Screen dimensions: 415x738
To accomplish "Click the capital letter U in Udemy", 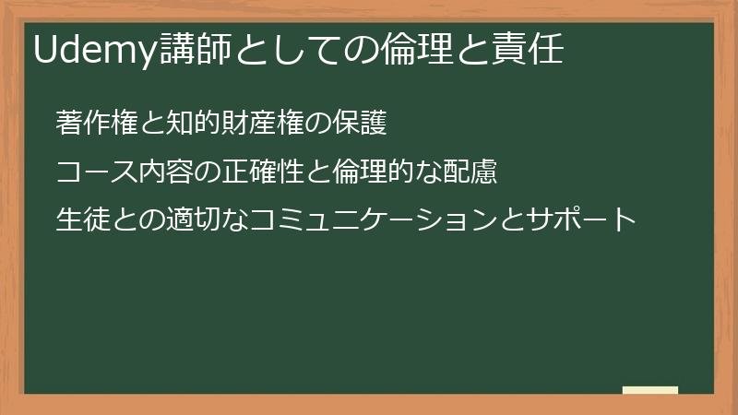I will tap(45, 51).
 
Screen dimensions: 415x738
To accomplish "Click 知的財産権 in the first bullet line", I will tap(236, 123).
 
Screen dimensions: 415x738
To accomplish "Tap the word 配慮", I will tap(471, 172).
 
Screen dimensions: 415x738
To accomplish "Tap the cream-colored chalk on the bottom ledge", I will tap(650, 391).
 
